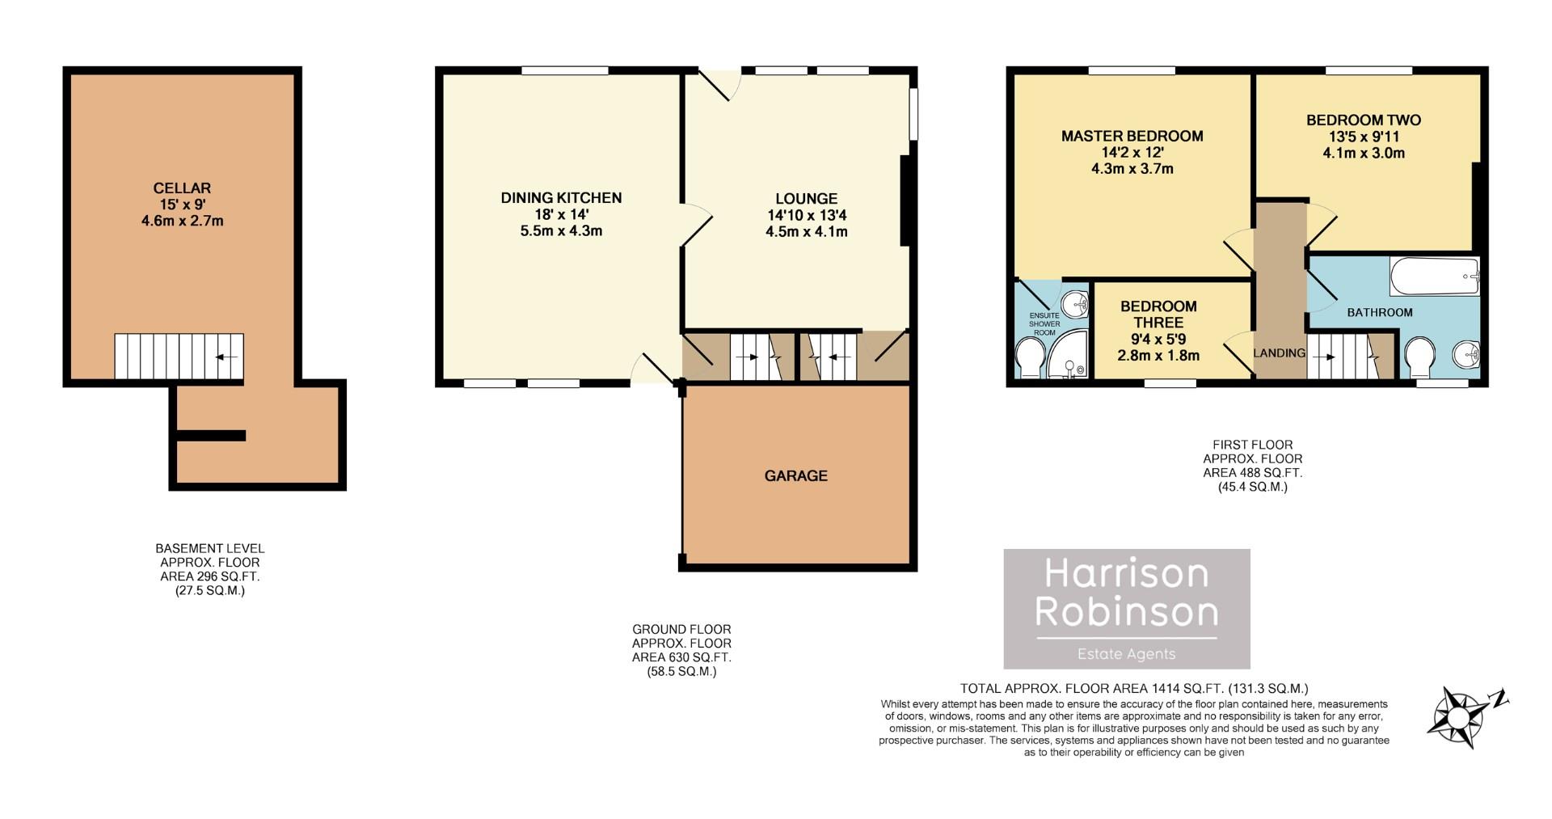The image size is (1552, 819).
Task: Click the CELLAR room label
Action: (182, 188)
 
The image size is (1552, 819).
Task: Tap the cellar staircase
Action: (179, 357)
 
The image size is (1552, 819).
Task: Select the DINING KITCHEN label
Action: (561, 197)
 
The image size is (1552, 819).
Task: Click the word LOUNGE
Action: (806, 198)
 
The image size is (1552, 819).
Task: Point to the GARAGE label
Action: (795, 475)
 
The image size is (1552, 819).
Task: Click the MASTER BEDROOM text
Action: (1132, 136)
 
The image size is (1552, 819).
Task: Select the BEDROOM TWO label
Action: (1363, 120)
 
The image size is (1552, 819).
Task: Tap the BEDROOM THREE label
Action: (1158, 314)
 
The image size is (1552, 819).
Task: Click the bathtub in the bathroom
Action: (1434, 277)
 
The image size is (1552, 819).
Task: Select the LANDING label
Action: (1279, 353)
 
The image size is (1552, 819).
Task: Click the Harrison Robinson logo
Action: (1126, 608)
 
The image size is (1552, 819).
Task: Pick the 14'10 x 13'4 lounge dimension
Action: (806, 215)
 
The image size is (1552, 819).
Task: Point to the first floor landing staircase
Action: (1342, 357)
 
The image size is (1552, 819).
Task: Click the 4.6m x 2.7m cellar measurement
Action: (182, 221)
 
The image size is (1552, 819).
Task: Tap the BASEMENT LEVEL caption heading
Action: (209, 548)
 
